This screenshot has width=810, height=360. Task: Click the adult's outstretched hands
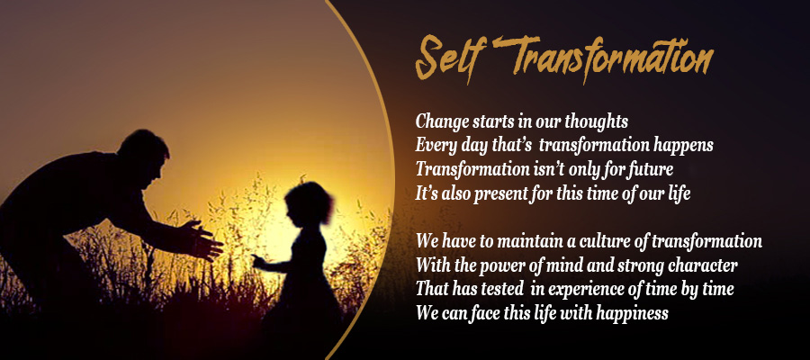point(204,240)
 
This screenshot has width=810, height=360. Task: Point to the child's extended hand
point(259,260)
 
